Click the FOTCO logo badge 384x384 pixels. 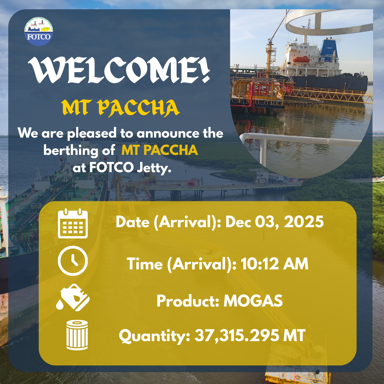pos(39,31)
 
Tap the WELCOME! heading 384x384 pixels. pos(119,70)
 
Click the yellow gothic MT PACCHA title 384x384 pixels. pos(121,108)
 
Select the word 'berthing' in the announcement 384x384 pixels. pos(71,151)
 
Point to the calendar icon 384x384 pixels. pos(73,223)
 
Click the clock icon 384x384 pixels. pos(73,261)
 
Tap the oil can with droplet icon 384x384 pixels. pos(73,297)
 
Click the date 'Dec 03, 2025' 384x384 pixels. pos(274,222)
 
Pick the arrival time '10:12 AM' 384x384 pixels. pos(275,264)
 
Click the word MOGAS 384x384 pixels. pos(253,301)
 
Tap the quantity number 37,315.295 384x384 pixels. pos(237,336)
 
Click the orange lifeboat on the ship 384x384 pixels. pos(301,60)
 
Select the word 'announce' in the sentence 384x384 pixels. pos(168,133)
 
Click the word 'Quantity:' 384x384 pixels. pos(155,337)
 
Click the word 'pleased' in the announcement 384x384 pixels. pos(92,133)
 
